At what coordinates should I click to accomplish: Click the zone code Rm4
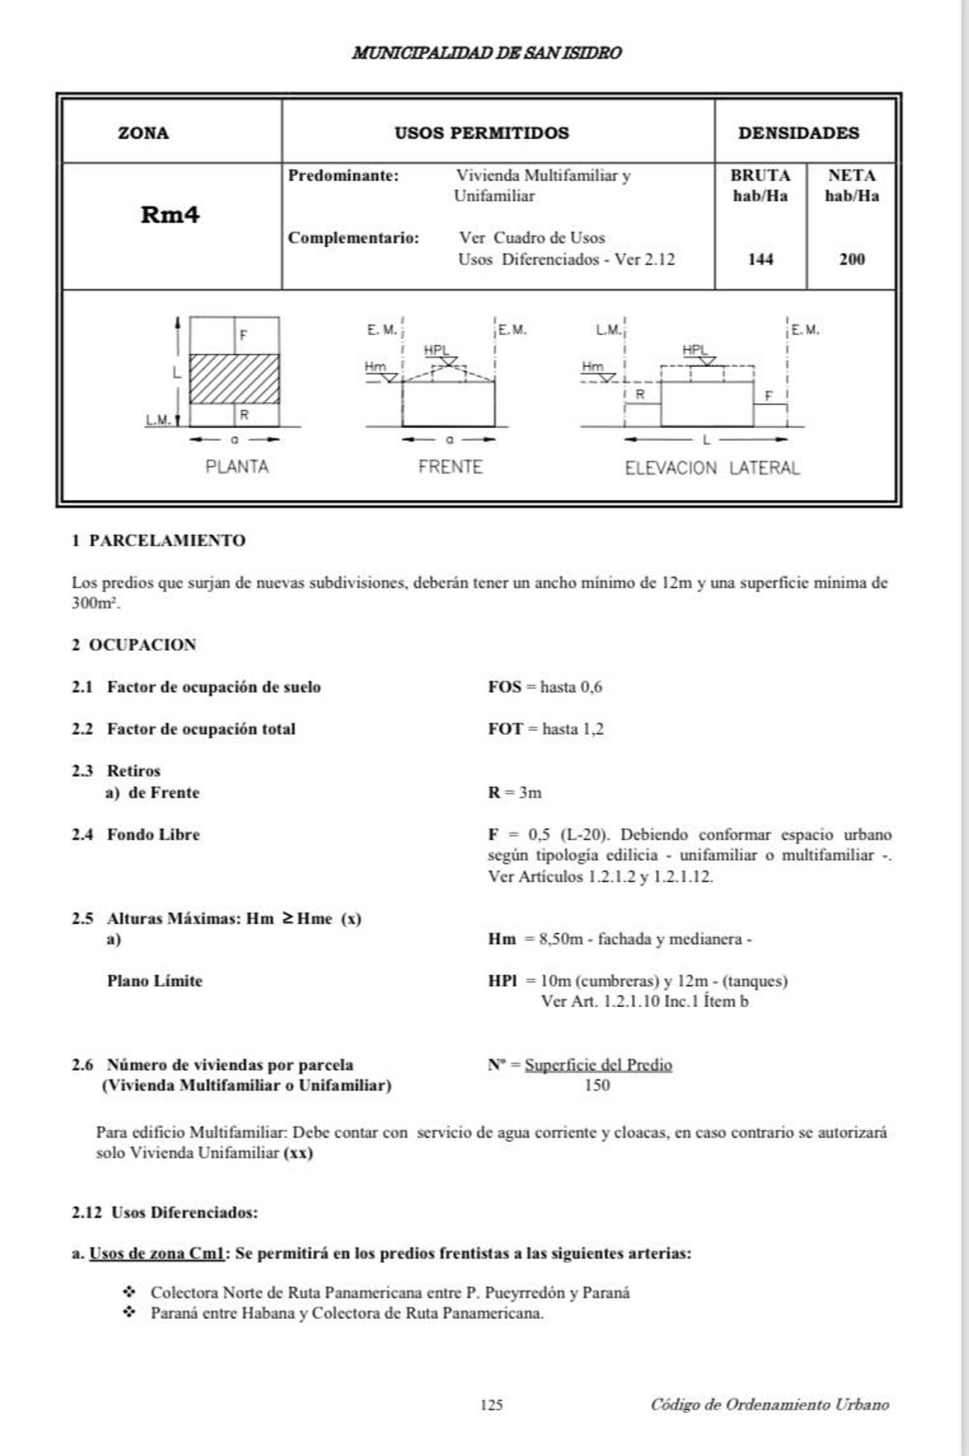coord(170,215)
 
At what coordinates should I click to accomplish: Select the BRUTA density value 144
coord(760,260)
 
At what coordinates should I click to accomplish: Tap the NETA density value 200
coord(851,260)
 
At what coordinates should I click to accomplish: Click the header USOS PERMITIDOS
coord(481,133)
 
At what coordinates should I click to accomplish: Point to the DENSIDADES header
coord(798,133)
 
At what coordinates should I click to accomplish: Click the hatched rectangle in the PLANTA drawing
coord(234,378)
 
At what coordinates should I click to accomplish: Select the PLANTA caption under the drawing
coord(237,467)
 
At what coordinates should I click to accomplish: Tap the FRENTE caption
coord(450,467)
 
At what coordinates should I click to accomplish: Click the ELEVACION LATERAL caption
coord(712,468)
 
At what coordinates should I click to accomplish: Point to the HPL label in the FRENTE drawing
coord(436,350)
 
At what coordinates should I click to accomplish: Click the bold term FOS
coord(504,687)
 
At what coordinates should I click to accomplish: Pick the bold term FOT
coord(505,729)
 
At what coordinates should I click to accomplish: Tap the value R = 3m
coord(514,792)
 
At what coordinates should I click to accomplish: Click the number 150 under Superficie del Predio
coord(597,1085)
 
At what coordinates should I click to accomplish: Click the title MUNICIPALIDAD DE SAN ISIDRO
coord(487,53)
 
